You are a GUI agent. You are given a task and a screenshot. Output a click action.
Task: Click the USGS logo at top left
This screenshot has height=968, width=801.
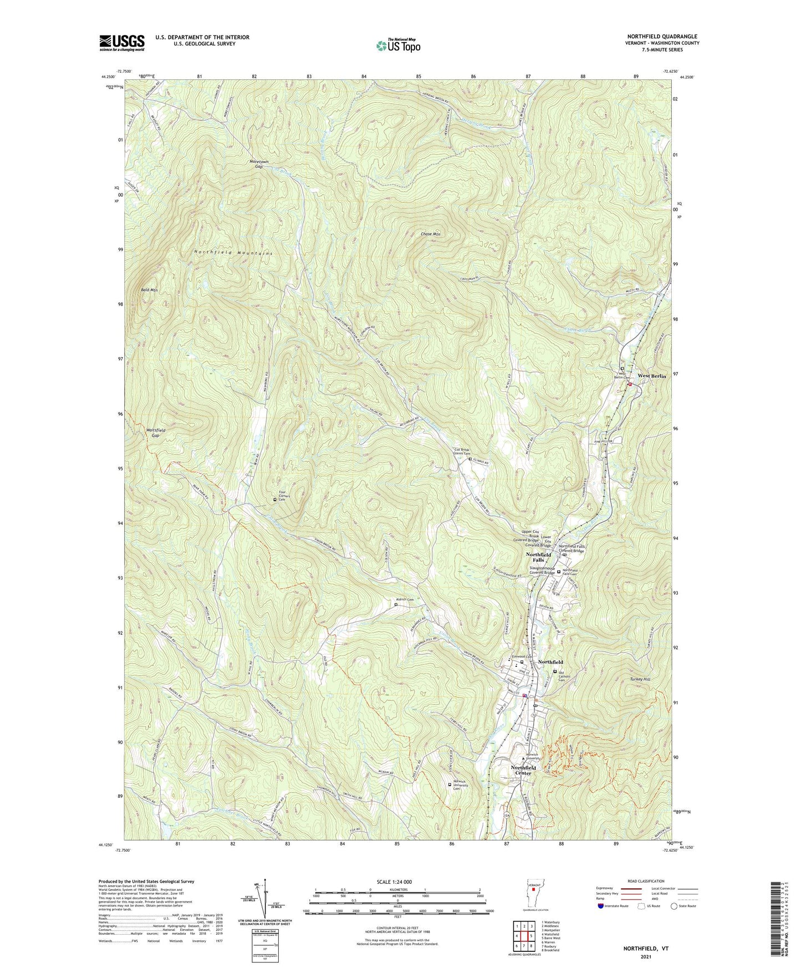[x=122, y=42]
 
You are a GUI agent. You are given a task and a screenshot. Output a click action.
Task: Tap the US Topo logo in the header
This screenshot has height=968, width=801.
[x=398, y=45]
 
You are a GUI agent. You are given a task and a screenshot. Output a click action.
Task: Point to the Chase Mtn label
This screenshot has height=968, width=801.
[x=430, y=235]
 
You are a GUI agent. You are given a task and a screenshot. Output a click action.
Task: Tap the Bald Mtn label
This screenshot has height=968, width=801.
[x=149, y=290]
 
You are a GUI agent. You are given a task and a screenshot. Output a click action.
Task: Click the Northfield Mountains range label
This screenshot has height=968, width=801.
[x=233, y=253]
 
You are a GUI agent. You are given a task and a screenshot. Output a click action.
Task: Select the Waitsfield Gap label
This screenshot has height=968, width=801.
[x=155, y=433]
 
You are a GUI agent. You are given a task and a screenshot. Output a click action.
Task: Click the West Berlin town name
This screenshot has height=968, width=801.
[x=652, y=376]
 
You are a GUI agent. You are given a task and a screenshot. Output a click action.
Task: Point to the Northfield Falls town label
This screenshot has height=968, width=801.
[x=538, y=557]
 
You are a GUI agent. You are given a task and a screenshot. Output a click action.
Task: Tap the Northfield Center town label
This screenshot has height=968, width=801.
[x=523, y=770]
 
